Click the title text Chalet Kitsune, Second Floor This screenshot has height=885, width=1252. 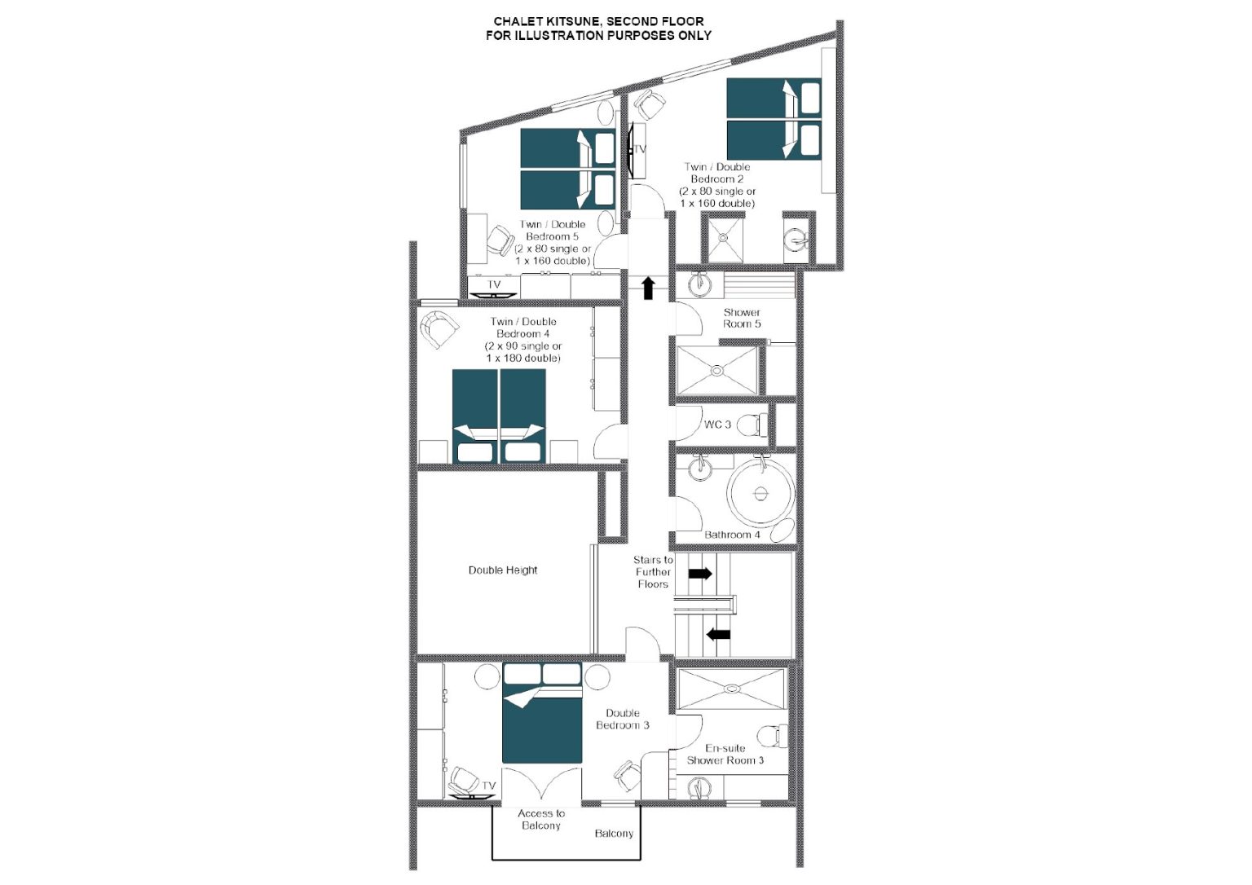coord(598,22)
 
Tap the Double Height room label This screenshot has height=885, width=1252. coord(502,570)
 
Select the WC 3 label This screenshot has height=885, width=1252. coord(717,424)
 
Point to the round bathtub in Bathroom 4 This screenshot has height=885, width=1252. coord(760,493)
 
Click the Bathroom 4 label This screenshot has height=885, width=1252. coord(732,535)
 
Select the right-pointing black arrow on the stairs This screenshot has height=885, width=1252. coord(700,573)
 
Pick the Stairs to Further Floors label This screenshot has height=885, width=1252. coord(653,571)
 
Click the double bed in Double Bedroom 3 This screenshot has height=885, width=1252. coord(542,713)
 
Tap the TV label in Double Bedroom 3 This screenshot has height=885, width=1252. coord(488,786)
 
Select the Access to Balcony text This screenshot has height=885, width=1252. coord(541,819)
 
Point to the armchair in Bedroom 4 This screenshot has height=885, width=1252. coord(439,328)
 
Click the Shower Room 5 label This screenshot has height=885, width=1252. coord(742,318)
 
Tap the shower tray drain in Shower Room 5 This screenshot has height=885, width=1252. coord(717,371)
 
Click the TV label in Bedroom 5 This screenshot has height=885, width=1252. coord(493,285)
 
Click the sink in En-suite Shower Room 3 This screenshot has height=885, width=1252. coord(699,788)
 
